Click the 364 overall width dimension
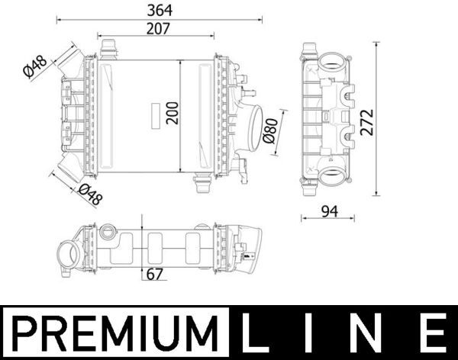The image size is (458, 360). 159,10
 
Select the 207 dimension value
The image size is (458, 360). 159,27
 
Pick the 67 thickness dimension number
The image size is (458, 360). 154,274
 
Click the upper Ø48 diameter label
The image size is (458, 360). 36,67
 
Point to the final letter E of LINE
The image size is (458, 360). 433,333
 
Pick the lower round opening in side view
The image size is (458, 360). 334,178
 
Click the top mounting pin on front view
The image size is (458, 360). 108,47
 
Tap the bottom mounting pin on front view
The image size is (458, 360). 202,183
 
